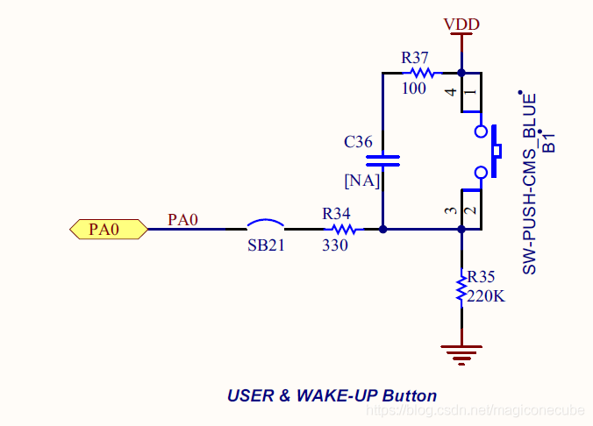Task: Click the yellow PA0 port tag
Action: pyautogui.click(x=107, y=230)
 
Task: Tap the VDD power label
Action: pyautogui.click(x=461, y=25)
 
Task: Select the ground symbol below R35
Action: pyautogui.click(x=461, y=353)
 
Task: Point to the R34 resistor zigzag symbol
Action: pyautogui.click(x=342, y=230)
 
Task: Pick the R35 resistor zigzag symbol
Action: pyautogui.click(x=461, y=287)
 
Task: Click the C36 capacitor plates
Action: pyautogui.click(x=382, y=160)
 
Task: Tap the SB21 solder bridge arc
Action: pyautogui.click(x=265, y=224)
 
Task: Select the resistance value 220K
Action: pyautogui.click(x=486, y=295)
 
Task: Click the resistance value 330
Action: pyautogui.click(x=335, y=246)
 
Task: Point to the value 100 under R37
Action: pyautogui.click(x=414, y=89)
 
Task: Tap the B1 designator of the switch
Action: pyautogui.click(x=549, y=142)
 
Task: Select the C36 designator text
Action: pyautogui.click(x=358, y=141)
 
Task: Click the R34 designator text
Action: pyautogui.click(x=337, y=213)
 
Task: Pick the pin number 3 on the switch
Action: pyautogui.click(x=450, y=211)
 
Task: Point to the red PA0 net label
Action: pyautogui.click(x=183, y=219)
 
